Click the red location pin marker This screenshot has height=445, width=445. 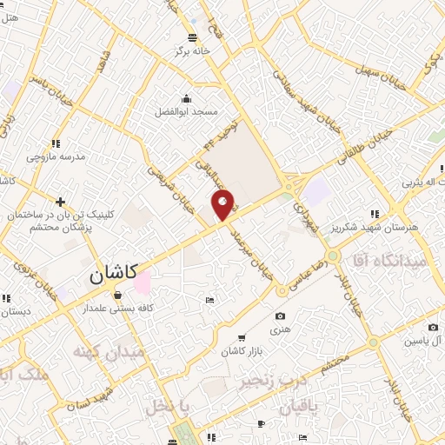[223, 205]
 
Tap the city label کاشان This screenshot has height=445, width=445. [113, 274]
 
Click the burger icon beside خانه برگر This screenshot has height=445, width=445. [192, 37]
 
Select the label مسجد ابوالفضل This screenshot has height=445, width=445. [187, 112]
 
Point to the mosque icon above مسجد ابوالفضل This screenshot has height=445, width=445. [185, 97]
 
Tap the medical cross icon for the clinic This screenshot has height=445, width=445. [60, 202]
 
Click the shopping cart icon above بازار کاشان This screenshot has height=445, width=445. [241, 336]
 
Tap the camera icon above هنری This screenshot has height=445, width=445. [280, 316]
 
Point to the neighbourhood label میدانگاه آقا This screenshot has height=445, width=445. [389, 259]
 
